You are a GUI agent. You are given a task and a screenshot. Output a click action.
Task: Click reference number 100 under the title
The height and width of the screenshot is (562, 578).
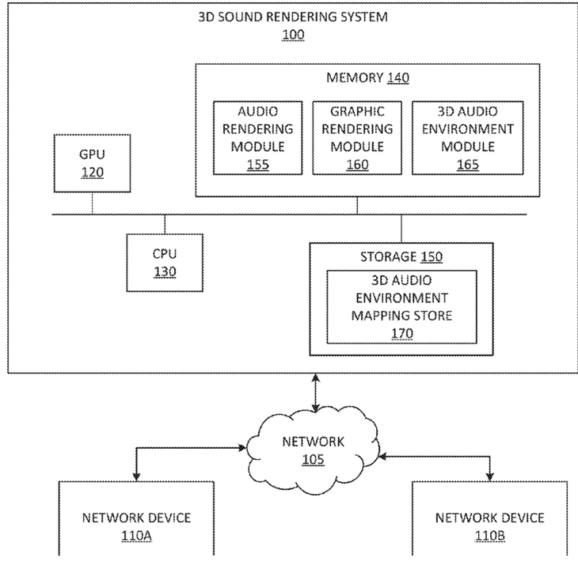[293, 35]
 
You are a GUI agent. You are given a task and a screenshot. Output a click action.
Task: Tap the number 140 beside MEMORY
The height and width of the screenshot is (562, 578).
[398, 78]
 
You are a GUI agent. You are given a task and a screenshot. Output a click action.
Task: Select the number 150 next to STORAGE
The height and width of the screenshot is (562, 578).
[432, 256]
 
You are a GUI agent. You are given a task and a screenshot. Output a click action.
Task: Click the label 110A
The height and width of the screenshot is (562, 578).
[136, 535]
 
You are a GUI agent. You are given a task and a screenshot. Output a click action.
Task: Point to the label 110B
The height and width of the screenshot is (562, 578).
[489, 535]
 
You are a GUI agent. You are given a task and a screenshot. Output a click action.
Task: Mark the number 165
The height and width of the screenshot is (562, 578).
[468, 165]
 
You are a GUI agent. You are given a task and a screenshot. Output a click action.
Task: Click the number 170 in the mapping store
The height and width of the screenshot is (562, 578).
[401, 333]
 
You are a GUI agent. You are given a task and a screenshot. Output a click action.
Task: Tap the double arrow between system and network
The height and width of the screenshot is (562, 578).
[316, 393]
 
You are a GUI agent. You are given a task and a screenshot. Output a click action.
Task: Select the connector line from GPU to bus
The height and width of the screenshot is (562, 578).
[92, 203]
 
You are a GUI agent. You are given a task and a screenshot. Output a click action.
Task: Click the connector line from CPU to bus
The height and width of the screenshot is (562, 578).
[165, 224]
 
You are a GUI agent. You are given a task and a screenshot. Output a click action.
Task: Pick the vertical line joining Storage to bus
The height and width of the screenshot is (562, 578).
[401, 229]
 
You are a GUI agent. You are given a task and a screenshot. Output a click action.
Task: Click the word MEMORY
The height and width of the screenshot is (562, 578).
[355, 78]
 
